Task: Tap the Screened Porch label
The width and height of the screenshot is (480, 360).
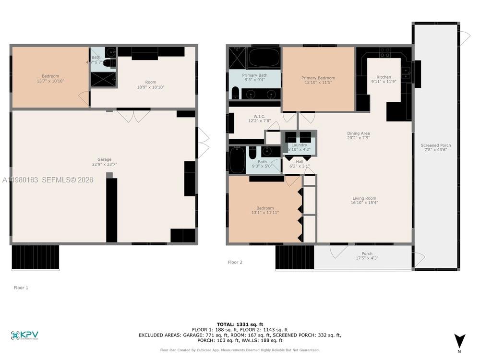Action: coord(435,148)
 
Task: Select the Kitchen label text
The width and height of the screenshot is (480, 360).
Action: coord(384,79)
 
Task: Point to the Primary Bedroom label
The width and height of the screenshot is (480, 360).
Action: coord(318,81)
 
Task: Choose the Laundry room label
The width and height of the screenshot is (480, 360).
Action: coord(299,147)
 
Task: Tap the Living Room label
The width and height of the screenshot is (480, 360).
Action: coord(364,201)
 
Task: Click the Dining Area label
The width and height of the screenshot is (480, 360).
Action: coord(358,136)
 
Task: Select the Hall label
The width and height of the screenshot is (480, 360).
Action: coord(299,164)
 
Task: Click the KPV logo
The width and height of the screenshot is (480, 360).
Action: coord(24,335)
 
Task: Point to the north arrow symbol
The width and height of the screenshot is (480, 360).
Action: coord(459,341)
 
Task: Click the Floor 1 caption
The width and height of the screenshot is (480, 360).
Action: coord(21,288)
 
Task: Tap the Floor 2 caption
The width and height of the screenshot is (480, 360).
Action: coord(235,262)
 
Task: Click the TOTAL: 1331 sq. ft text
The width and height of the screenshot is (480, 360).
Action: coord(240,324)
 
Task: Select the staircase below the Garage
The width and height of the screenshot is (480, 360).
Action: coord(35,257)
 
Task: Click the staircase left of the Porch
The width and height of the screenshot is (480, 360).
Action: coord(294,257)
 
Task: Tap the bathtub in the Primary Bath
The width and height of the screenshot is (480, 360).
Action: coord(264,58)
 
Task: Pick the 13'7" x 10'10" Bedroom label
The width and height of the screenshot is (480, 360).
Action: coord(50,79)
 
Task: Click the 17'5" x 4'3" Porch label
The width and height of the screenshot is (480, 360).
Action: coord(366,256)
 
